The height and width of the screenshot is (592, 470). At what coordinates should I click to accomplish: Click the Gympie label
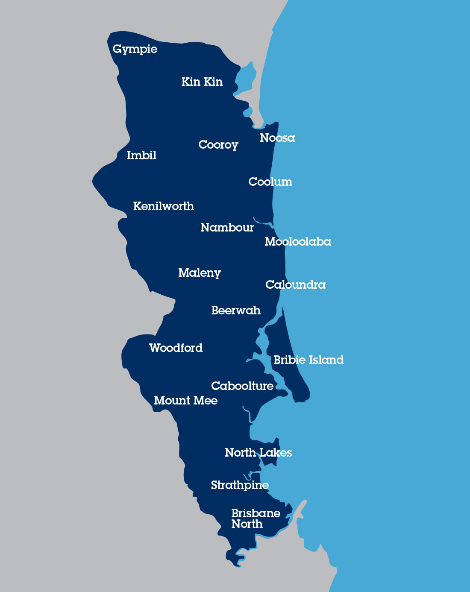(135, 49)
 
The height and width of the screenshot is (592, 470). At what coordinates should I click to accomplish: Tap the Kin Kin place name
(202, 82)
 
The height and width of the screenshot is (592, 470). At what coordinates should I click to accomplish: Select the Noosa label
(277, 138)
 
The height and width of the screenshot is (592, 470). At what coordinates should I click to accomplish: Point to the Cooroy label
(218, 145)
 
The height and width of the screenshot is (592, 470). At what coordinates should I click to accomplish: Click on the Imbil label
(141, 155)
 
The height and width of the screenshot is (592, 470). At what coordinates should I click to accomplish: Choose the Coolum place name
(270, 182)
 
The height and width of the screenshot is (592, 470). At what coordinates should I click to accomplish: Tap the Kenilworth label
(163, 206)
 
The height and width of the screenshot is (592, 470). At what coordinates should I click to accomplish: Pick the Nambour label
(227, 227)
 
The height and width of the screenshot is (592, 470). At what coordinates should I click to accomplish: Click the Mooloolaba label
(298, 241)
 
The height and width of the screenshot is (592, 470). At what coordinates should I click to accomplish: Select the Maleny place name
(199, 273)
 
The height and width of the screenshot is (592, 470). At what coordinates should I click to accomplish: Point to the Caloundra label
(295, 284)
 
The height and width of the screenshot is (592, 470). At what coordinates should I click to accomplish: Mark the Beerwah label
(235, 310)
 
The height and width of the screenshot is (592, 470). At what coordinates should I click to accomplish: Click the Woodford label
(176, 348)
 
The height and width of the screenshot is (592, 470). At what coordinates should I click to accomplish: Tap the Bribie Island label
(308, 360)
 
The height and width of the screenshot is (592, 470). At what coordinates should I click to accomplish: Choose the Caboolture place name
(242, 386)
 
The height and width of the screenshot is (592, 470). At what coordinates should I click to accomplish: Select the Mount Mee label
(185, 400)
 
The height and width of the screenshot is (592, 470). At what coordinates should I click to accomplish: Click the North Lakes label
(258, 452)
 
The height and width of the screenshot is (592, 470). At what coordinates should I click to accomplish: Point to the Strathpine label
(240, 485)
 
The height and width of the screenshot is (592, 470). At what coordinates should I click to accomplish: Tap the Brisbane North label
(256, 518)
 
